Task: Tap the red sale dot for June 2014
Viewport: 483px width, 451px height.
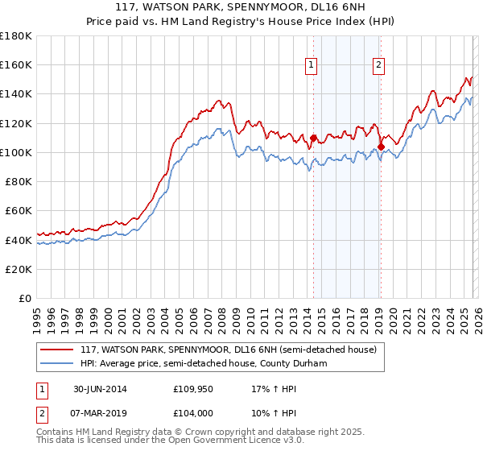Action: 313,138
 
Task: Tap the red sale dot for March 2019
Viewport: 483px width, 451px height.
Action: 381,147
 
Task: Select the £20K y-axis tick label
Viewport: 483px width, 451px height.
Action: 19,269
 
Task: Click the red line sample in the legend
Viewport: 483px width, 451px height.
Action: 57,350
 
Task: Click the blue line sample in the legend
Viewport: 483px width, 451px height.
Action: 57,364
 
